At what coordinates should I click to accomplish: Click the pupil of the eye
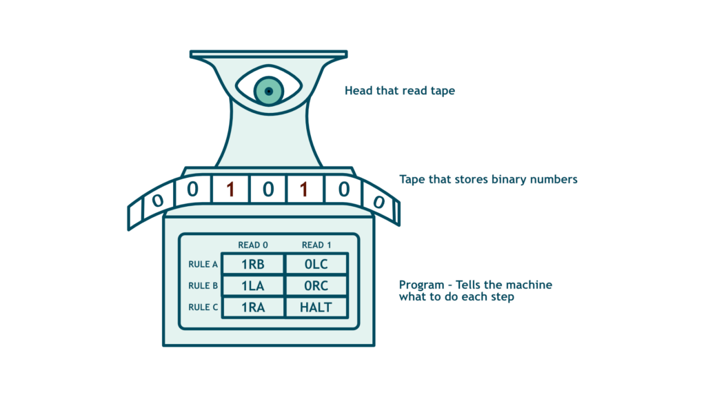pos(269,92)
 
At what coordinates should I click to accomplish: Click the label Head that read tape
pos(399,90)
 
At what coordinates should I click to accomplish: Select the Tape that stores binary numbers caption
pos(488,179)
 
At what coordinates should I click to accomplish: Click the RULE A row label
pos(203,264)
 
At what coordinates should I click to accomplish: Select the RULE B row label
pos(203,285)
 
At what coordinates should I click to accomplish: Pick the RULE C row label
pos(203,307)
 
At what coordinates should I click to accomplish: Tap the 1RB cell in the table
pos(253,264)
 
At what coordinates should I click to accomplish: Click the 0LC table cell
pos(316,264)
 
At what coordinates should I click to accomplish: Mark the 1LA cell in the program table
pos(253,285)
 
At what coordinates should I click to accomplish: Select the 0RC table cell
pos(316,285)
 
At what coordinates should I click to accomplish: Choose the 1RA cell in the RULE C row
pos(253,307)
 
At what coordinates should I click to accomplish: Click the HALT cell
pos(316,307)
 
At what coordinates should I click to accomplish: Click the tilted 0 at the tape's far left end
pos(157,201)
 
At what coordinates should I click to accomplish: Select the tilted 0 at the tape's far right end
pos(378,202)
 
